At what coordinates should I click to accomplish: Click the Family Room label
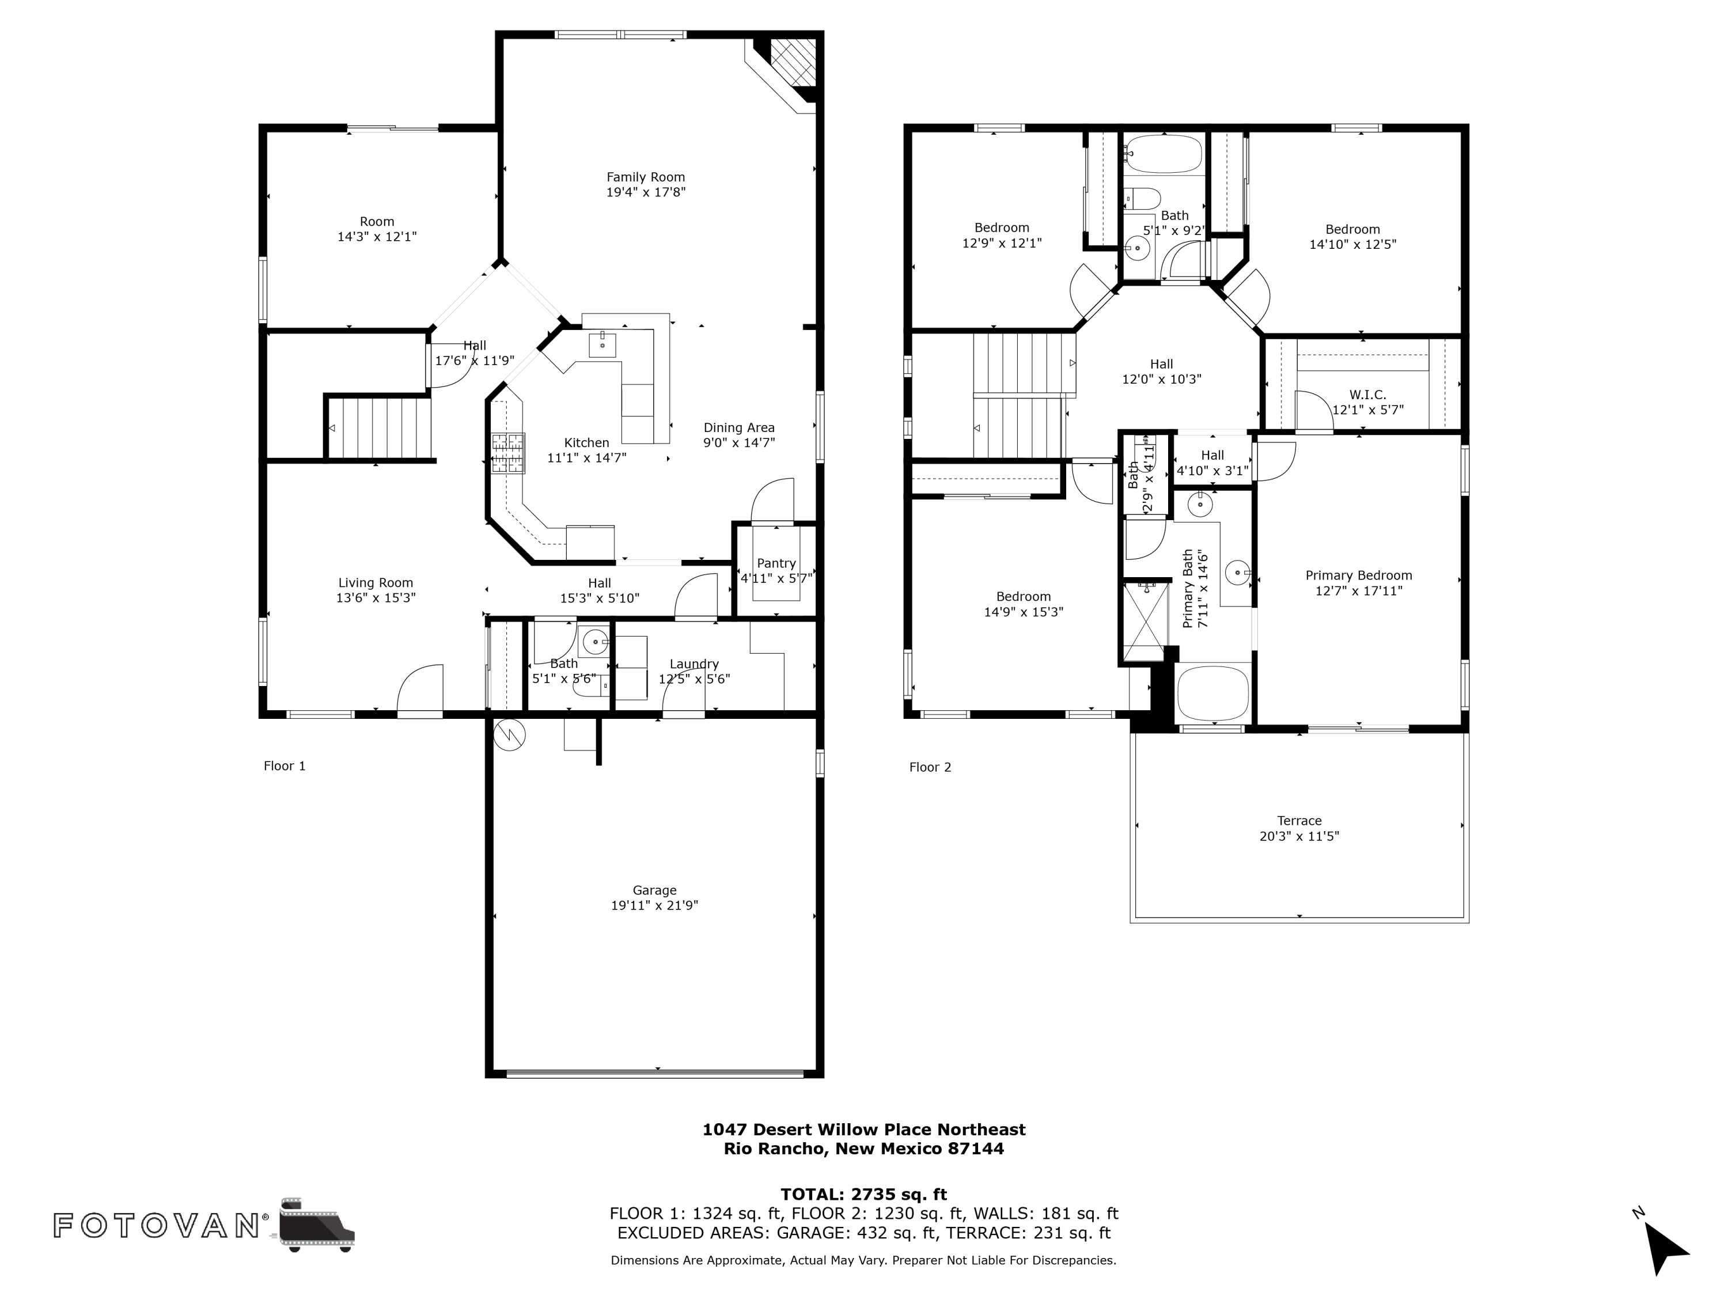[645, 177]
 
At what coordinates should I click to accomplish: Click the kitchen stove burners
[508, 453]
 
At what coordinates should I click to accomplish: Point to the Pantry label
[776, 563]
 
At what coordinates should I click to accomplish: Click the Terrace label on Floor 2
[1299, 820]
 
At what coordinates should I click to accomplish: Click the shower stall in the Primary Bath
[1143, 622]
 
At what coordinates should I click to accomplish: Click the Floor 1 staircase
[380, 427]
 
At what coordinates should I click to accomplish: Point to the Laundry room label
[694, 664]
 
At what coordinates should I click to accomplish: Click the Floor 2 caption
[930, 767]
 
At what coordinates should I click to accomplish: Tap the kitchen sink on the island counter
[602, 344]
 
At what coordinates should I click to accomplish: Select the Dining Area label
[738, 427]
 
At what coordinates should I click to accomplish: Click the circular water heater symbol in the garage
[509, 734]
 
